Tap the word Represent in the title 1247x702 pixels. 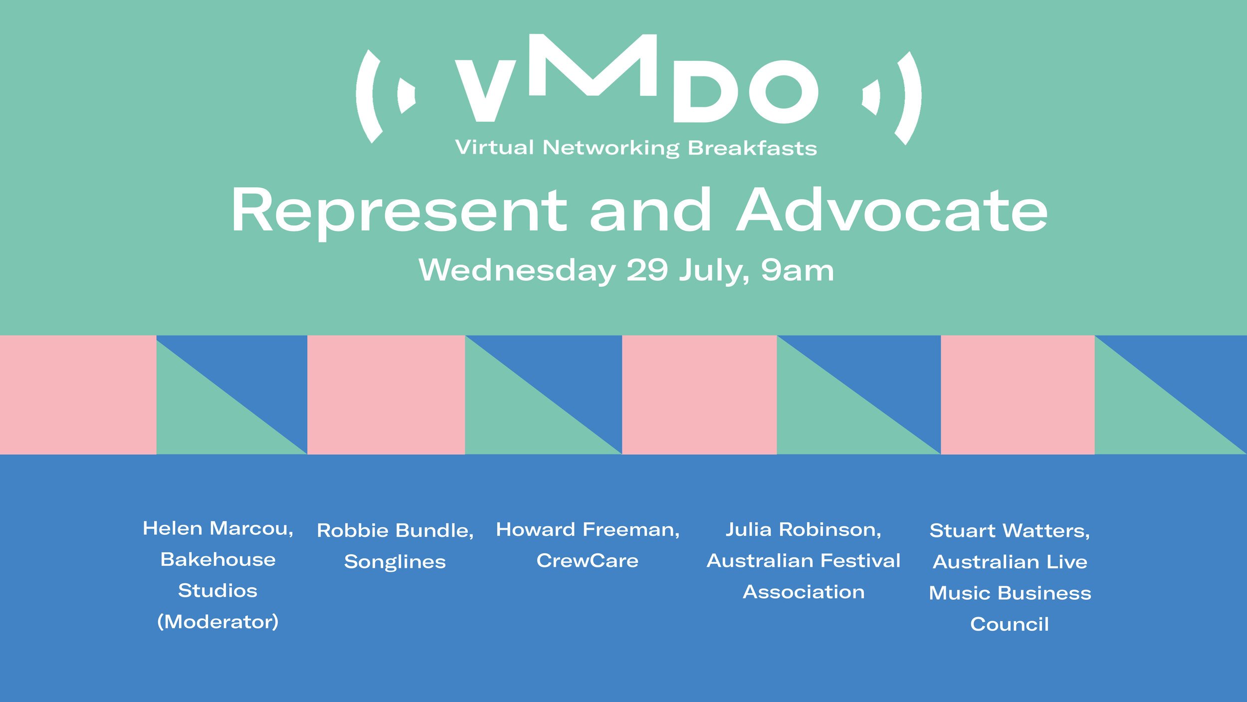(x=399, y=212)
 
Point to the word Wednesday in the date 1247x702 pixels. (x=517, y=271)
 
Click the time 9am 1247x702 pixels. (x=797, y=271)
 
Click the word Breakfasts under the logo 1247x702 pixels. (x=752, y=148)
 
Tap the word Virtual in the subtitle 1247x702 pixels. (x=495, y=148)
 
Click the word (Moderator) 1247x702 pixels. (x=218, y=622)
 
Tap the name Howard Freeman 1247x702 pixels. (x=588, y=530)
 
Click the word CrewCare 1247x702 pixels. (x=588, y=561)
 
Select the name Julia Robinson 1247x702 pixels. (x=804, y=530)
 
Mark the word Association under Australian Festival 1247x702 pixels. (x=804, y=592)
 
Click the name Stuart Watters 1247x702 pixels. (x=1010, y=531)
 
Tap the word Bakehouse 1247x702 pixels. (x=218, y=560)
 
